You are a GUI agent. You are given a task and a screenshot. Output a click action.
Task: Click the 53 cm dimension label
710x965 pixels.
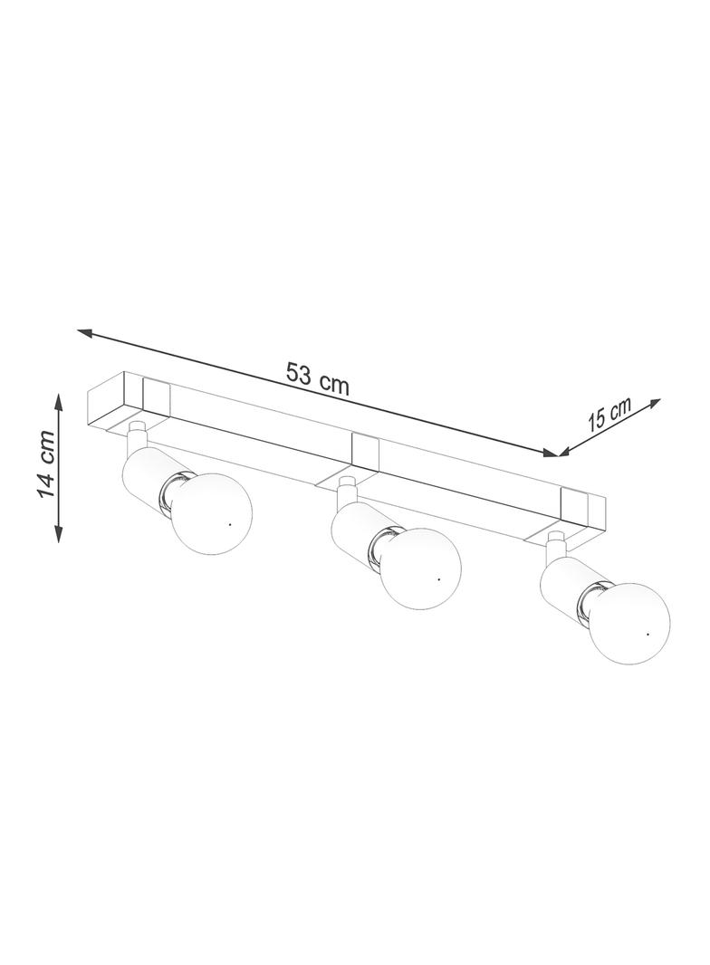pos(318,379)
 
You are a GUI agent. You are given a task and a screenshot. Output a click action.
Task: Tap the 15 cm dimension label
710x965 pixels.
pos(609,415)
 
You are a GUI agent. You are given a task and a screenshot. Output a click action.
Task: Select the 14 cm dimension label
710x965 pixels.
pos(45,464)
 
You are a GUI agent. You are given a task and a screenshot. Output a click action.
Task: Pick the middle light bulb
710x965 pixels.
pos(420,568)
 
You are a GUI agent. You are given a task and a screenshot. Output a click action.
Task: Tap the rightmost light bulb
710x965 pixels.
pos(629,623)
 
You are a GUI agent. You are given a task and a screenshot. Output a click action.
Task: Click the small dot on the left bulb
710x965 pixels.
pos(229,524)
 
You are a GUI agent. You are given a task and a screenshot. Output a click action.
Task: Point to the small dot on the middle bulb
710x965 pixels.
pos(438,579)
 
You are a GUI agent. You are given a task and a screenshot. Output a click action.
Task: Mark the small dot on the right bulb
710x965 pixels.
pos(648,634)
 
